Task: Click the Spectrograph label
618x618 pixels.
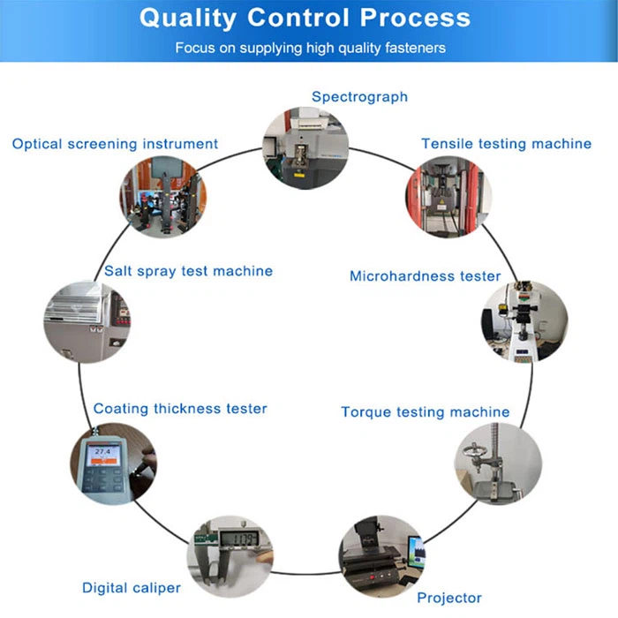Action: (x=359, y=96)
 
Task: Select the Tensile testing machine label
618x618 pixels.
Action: (x=506, y=143)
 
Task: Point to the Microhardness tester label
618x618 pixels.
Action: (x=425, y=276)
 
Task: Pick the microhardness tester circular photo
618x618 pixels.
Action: (x=524, y=323)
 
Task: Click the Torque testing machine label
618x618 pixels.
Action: (x=425, y=412)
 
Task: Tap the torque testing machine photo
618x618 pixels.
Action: (x=498, y=463)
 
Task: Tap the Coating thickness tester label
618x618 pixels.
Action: (x=180, y=409)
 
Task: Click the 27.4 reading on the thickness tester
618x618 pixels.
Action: (x=103, y=452)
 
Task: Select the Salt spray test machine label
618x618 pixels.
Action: (x=188, y=271)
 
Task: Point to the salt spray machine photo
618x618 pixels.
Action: (x=86, y=321)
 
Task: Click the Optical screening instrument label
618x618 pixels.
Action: (x=115, y=143)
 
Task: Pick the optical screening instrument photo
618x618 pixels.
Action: (x=162, y=199)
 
